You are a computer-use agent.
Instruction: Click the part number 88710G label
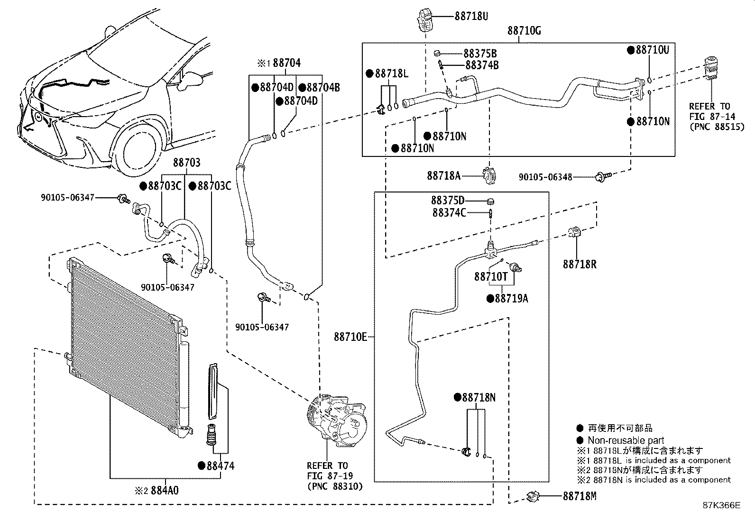tap(524, 31)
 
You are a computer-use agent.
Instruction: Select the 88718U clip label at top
tap(471, 16)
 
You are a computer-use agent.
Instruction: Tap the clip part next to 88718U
tap(425, 19)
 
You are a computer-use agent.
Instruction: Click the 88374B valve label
tap(481, 65)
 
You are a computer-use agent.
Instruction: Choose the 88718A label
tap(443, 175)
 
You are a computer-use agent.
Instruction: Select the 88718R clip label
tap(580, 265)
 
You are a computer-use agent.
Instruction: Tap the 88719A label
tap(511, 299)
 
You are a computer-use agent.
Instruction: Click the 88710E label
tap(350, 337)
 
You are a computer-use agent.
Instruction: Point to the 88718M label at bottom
tap(579, 496)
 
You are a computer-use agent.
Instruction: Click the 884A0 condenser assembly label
tap(165, 491)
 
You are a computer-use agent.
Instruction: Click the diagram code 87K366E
tap(721, 505)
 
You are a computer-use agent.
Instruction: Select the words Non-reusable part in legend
tap(626, 440)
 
